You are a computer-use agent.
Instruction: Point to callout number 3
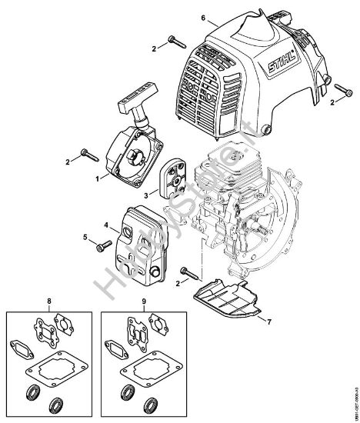tap(146, 197)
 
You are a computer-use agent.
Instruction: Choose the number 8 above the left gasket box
tap(49, 300)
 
